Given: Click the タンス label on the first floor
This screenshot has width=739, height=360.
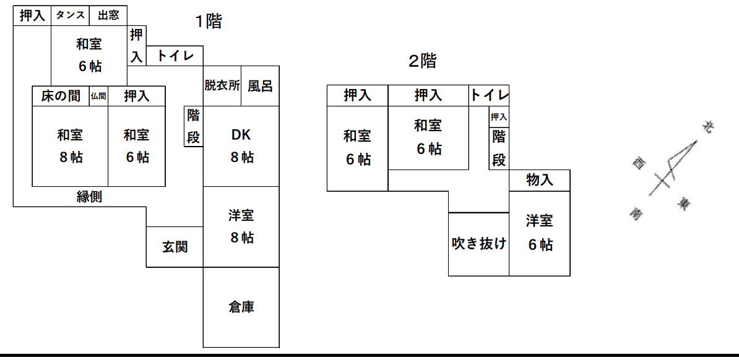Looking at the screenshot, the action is point(70,15).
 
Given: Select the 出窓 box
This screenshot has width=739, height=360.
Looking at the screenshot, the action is point(108,15).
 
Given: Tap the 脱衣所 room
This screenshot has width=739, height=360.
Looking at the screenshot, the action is point(222,86).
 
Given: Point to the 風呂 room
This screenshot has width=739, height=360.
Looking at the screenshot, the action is point(260,86).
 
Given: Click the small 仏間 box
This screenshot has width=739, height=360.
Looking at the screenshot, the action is point(98,96).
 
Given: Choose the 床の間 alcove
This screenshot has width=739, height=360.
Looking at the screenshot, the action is point(61,96).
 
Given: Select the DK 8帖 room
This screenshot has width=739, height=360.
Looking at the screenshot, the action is point(241,146).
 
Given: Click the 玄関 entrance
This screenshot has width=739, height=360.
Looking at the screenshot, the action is point(175,247).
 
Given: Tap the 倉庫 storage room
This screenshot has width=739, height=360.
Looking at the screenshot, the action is point(241,307).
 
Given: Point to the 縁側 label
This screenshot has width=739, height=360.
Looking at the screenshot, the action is point(89,197).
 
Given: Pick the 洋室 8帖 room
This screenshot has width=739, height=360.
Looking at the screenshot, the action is point(241,226).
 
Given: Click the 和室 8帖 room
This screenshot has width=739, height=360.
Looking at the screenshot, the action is point(70,146).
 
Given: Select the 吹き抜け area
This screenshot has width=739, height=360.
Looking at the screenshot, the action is point(479,244).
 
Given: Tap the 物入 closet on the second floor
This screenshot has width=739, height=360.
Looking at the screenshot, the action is point(540,181).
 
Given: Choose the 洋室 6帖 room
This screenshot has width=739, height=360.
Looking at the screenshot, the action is point(540,233).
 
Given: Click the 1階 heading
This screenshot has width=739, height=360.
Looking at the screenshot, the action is point(209,21).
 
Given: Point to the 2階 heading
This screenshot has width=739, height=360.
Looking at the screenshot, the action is point(423,61).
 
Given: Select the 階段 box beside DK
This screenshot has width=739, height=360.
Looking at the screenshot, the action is point(194,126).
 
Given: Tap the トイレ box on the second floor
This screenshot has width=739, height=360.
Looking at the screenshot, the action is point(489,96).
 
